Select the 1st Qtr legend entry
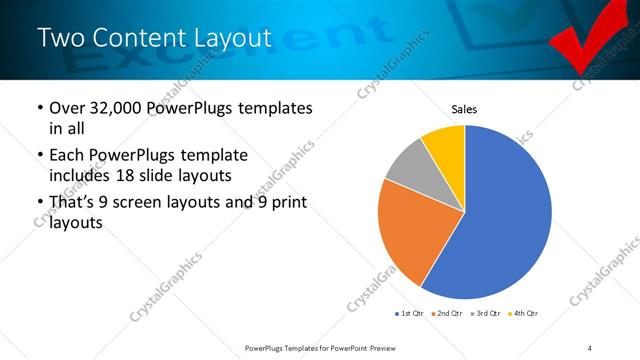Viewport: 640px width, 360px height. click(x=409, y=314)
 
